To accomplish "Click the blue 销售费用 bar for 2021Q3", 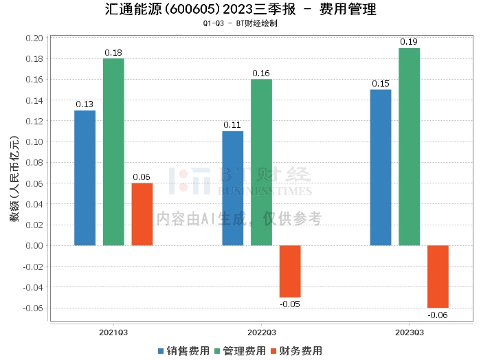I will pos(85,177).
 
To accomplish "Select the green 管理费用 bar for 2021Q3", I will pos(113,151).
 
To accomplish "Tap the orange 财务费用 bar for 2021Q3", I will pos(142,214).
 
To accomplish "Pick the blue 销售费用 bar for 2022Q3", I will pos(233,188).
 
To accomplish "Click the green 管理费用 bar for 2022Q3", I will pos(261,162).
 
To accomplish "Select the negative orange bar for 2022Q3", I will pos(290,271).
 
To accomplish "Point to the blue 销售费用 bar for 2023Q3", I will pos(381,167).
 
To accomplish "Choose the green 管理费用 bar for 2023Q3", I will pos(409,146).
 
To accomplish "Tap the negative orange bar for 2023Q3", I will pos(438,276).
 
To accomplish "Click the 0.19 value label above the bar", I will pos(409,43).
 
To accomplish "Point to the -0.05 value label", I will pos(289,304).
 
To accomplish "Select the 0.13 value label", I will pos(85,104).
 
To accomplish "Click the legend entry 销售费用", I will pos(183,350).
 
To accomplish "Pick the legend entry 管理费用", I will pos(240,350).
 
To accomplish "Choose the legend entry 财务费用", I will pos(296,350).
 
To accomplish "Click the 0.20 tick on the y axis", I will pos(34,38).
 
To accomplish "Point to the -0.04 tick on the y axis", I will pos(32,287).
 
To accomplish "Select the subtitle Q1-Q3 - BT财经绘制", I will pos(240,23).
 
